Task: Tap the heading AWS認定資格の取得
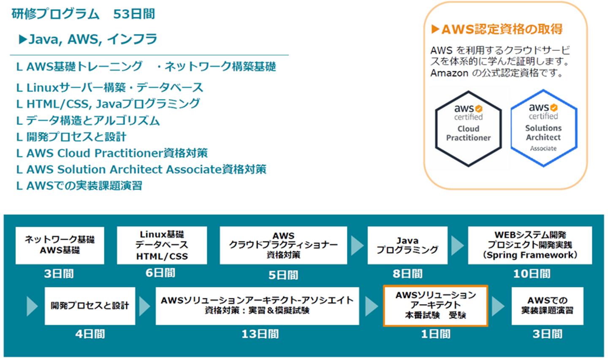[497, 29]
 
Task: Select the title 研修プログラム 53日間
[83, 14]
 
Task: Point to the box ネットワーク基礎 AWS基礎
[60, 245]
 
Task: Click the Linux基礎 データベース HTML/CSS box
[162, 245]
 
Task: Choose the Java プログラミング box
[407, 245]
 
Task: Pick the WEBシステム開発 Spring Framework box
[530, 245]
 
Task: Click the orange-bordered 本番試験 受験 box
[435, 306]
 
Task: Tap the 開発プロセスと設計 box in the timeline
[90, 306]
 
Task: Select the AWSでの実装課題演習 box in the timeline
[547, 306]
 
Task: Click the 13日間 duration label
[260, 334]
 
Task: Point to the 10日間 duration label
[532, 274]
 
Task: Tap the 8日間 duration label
[407, 274]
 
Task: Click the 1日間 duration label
[435, 334]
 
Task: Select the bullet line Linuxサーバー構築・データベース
[110, 88]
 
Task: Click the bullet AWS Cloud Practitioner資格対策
[112, 153]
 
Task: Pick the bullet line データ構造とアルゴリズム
[88, 120]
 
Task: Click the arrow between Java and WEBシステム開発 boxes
[458, 246]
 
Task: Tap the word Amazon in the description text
[449, 73]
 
